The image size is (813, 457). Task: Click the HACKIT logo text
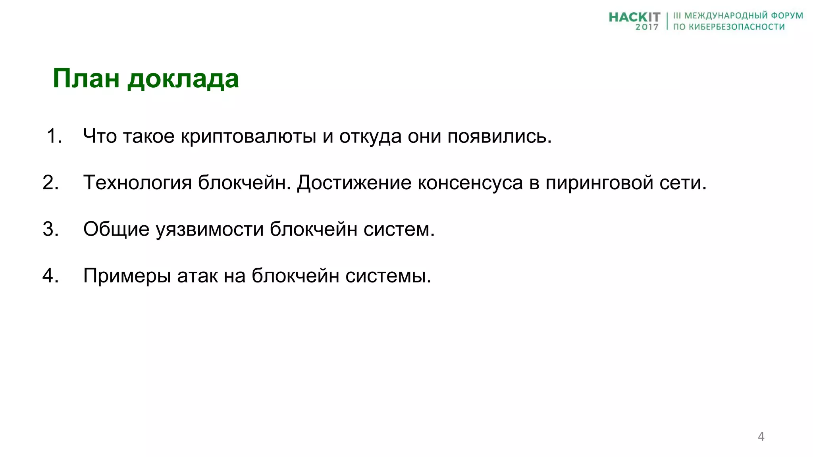[634, 17]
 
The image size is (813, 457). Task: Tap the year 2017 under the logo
[647, 27]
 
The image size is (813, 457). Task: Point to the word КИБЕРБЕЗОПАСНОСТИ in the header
[736, 27]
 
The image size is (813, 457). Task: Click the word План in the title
[86, 79]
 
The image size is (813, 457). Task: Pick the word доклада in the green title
[183, 79]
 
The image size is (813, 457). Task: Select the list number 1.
[54, 136]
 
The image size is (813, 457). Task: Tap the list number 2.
[51, 182]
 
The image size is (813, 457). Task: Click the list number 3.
[51, 229]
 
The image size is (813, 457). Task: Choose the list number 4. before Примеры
[51, 275]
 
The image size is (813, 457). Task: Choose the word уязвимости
[209, 230]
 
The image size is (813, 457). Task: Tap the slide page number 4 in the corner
[761, 436]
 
